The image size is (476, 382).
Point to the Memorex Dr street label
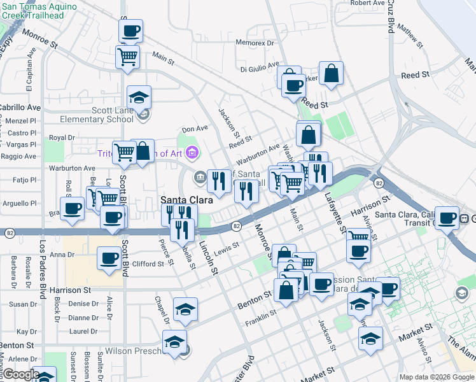pyautogui.click(x=254, y=43)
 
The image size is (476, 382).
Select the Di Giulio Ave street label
pyautogui.click(x=260, y=66)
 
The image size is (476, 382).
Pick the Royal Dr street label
pyautogui.click(x=62, y=138)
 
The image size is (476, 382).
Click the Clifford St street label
pyautogui.click(x=148, y=264)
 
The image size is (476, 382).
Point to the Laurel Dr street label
pyautogui.click(x=83, y=331)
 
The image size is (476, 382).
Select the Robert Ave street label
pyautogui.click(x=367, y=3)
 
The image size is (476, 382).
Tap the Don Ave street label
pyautogui.click(x=195, y=129)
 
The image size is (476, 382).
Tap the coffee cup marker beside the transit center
pyautogui.click(x=447, y=218)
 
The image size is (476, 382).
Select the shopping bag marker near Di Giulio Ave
pyautogui.click(x=332, y=73)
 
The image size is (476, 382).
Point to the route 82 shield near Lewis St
pyautogui.click(x=236, y=226)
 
